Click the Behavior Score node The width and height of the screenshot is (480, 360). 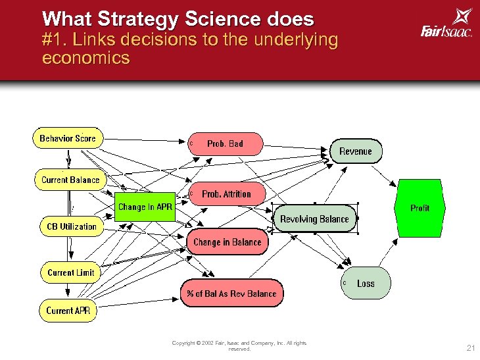coord(67,138)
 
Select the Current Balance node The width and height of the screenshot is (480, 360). coord(70,180)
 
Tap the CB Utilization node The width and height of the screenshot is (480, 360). coord(72,226)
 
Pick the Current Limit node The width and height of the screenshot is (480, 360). coord(70,272)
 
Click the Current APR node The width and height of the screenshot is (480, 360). coord(68,311)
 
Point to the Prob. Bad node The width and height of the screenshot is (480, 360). coord(225,143)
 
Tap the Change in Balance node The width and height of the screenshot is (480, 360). coord(228,242)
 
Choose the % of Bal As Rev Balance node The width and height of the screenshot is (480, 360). coord(231,294)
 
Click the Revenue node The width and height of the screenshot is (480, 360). coord(355,151)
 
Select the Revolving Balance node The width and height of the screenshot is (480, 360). coord(314,219)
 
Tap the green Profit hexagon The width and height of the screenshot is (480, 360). coord(420,208)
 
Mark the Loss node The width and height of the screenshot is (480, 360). coord(366,284)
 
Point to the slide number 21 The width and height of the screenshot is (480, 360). coord(469,347)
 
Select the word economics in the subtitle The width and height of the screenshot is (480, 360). coord(85,59)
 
